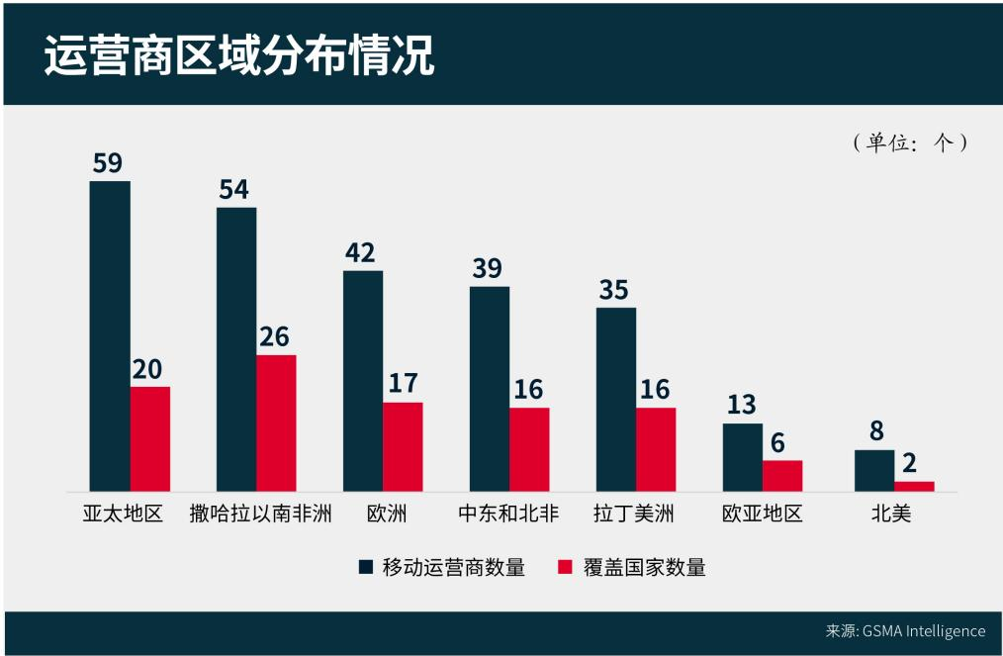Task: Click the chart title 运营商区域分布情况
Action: tap(239, 55)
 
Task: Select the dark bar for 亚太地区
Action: tap(110, 335)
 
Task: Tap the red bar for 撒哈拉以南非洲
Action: tap(276, 422)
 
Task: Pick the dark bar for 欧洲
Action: tap(363, 380)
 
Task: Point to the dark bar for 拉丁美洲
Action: tap(616, 399)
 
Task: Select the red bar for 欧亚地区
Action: tap(782, 475)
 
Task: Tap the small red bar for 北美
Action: tap(914, 486)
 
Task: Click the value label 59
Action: tap(108, 162)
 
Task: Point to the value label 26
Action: tap(274, 336)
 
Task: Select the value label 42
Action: tap(360, 252)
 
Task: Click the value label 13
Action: tap(741, 405)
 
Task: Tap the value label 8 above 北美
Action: tap(876, 431)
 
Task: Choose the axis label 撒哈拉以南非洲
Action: tap(261, 515)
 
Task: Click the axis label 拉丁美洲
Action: tap(634, 515)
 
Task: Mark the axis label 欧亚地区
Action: tap(762, 515)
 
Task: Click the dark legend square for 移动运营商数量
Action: tap(366, 567)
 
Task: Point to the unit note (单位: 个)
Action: tap(909, 142)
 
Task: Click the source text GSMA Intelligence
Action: tap(924, 631)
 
